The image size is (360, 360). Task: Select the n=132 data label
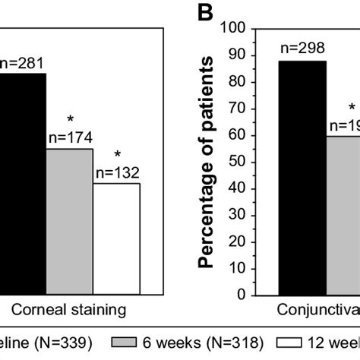(x=117, y=172)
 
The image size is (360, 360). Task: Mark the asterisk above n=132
(x=117, y=155)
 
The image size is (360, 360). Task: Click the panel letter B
(x=204, y=13)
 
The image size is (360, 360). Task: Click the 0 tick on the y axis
(x=247, y=293)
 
